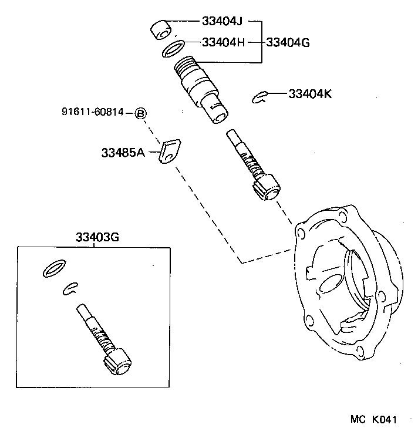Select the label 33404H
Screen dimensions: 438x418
pos(223,42)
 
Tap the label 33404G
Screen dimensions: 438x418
pos(288,42)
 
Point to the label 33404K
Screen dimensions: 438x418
pos(309,93)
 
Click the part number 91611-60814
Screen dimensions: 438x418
pos(93,112)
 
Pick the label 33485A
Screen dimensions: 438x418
pos(123,153)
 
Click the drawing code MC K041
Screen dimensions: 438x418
pos(374,420)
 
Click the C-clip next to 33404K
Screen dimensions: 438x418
pos(260,96)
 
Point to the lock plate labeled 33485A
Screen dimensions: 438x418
pos(170,152)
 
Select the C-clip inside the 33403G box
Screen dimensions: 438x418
pos(71,288)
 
